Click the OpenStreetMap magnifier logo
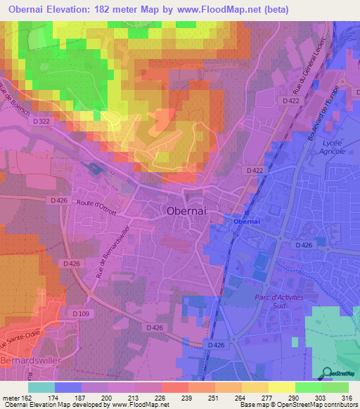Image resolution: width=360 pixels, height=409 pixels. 325,373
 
